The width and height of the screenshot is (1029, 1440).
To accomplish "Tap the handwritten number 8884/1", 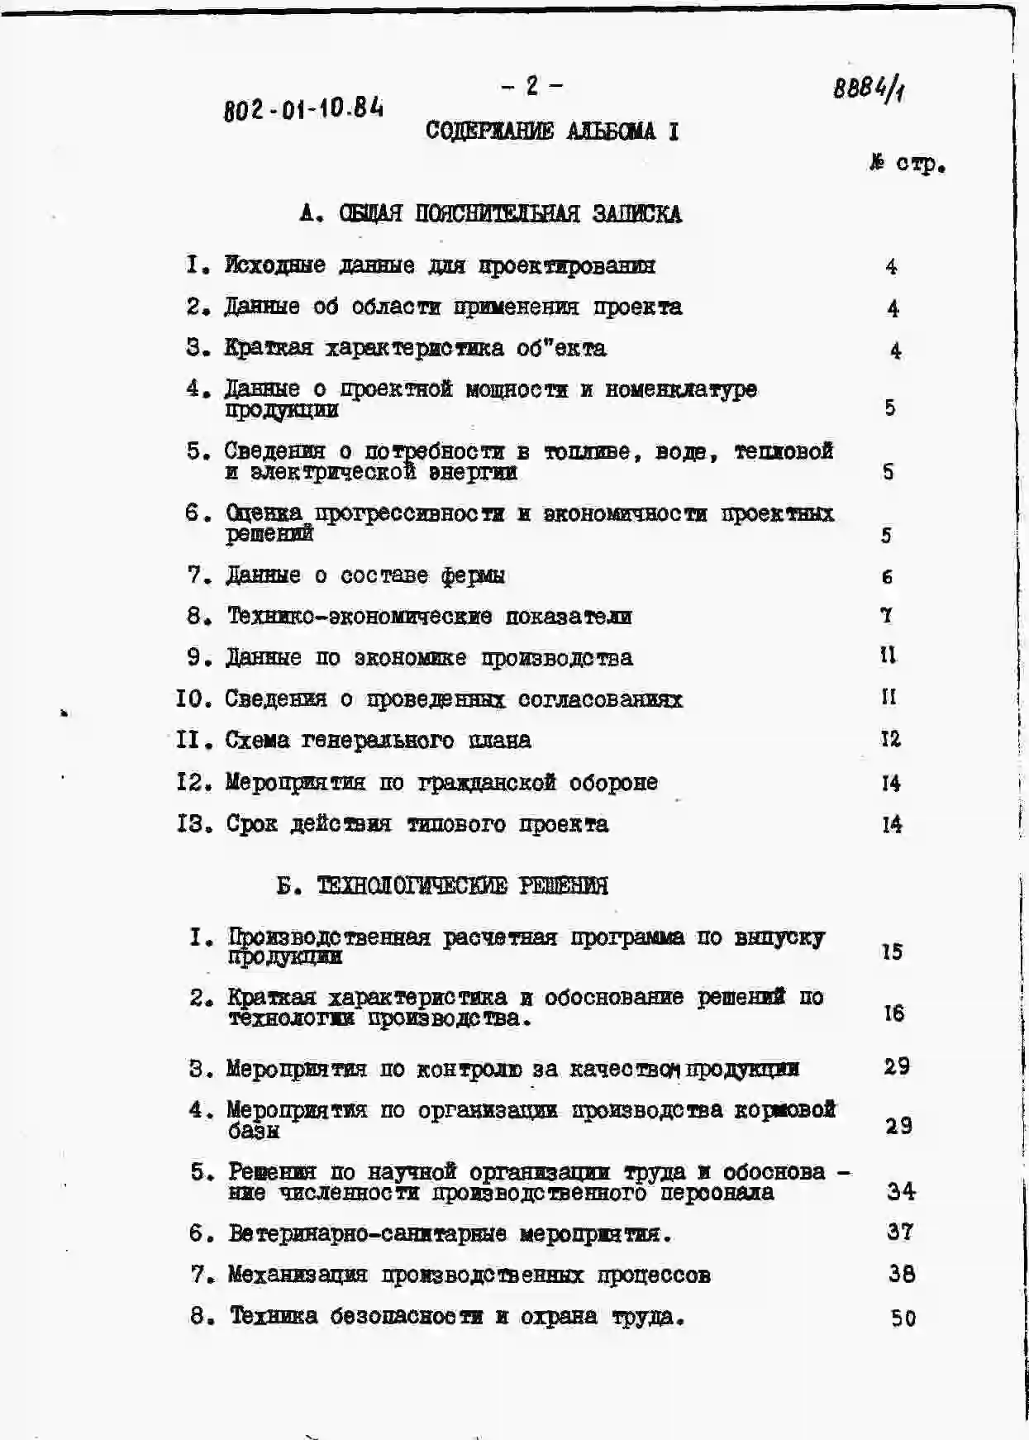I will coord(868,88).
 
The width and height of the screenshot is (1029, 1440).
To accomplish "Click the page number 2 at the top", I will coord(532,86).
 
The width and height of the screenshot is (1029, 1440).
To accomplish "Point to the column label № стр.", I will coord(907,164).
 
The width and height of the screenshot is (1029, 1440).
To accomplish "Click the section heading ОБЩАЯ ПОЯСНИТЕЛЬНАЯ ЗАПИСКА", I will coord(510,215).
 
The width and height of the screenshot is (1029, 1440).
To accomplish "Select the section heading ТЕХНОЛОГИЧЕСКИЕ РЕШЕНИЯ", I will coord(462,887).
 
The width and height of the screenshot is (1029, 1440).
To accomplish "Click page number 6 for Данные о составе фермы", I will coord(887,577).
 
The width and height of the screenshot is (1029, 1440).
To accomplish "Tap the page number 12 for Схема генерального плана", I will coord(890,739).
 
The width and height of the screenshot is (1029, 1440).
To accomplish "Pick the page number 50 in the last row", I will coord(903,1318).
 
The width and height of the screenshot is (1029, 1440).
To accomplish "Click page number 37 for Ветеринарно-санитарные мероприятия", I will coord(899,1232).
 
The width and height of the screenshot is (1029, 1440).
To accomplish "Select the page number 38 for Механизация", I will coord(901,1274).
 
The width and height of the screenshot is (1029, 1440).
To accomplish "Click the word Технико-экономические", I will coord(360,617).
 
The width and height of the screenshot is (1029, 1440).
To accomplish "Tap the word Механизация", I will coord(297,1275).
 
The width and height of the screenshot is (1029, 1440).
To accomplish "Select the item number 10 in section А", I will coord(194,699).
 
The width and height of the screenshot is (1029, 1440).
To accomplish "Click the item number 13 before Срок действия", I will coord(195,824).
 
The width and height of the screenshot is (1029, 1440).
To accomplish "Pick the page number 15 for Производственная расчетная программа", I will coord(892,951).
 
